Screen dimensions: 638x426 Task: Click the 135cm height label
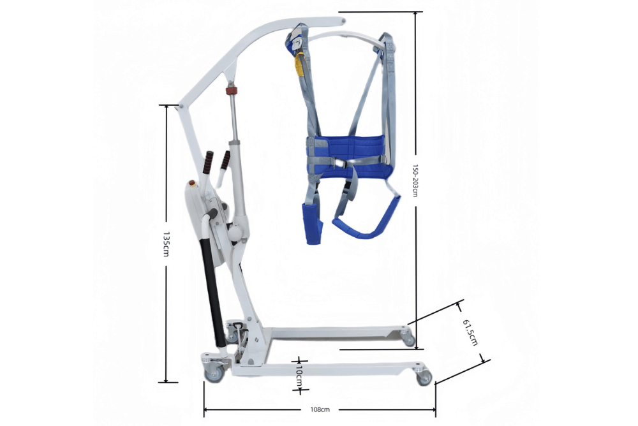pyautogui.click(x=166, y=244)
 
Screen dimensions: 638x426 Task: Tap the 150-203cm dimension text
pyautogui.click(x=415, y=180)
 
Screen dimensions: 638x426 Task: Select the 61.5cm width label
pyautogui.click(x=470, y=332)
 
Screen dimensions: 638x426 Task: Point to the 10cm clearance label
pyautogui.click(x=299, y=376)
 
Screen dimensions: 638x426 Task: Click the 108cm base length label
pyautogui.click(x=320, y=409)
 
